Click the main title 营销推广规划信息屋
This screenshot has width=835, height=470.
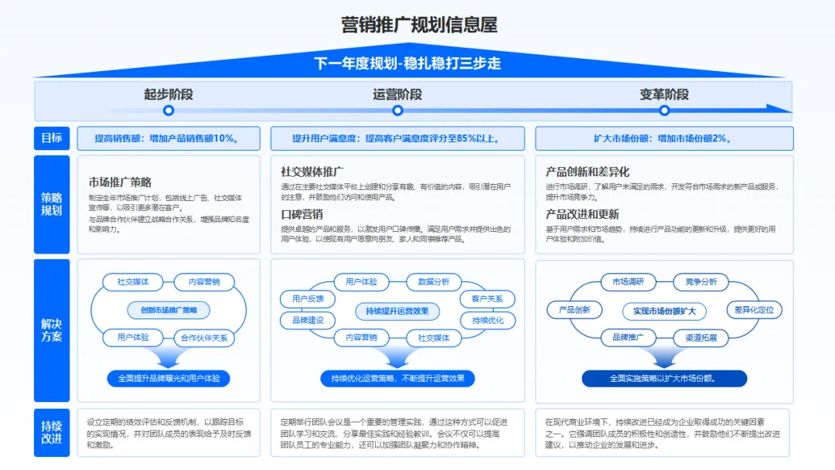point(418,25)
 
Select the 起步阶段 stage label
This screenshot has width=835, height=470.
point(168,94)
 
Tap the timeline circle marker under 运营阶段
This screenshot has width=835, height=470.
point(397,110)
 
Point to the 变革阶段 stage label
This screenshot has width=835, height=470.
point(663,94)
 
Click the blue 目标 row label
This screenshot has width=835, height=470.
point(52,138)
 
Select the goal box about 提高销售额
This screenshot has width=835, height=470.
point(165,138)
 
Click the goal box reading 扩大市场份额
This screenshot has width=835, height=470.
point(664,138)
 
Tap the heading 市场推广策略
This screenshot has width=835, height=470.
point(120,182)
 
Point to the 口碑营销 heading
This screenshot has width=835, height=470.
point(302,214)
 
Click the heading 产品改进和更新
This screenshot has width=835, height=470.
point(582,214)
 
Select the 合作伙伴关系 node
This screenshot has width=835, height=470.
point(203,337)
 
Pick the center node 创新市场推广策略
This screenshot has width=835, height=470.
point(169,310)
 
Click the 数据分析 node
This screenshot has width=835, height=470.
point(433,282)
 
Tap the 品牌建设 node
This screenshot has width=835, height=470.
point(308,319)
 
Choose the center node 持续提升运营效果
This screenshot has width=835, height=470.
point(397,311)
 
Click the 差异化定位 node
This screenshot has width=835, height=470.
point(754,310)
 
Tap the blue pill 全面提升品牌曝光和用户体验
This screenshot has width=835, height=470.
point(169,379)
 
